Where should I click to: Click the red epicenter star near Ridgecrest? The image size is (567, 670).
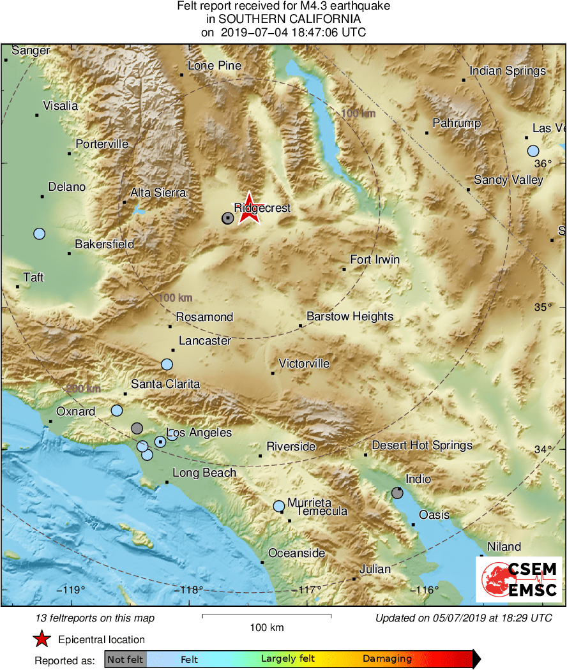[x=249, y=209]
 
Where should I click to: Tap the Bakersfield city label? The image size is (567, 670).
[x=104, y=244]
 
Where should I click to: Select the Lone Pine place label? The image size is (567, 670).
[x=214, y=66]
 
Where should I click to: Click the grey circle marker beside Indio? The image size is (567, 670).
[x=397, y=493]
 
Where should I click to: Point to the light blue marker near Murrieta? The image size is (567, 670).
[x=279, y=506]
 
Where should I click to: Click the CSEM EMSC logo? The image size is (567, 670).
[x=518, y=579]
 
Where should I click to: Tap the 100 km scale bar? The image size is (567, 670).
[x=266, y=616]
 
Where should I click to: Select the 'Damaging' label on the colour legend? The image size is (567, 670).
[x=387, y=659]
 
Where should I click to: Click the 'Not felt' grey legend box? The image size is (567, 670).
[x=125, y=659]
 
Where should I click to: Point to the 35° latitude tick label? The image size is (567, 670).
[x=543, y=307]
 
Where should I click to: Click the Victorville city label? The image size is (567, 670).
[x=304, y=364]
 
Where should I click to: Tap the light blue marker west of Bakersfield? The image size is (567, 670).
[x=40, y=234]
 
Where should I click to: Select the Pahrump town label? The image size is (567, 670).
[x=457, y=123]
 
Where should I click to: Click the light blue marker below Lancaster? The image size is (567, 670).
[x=167, y=364]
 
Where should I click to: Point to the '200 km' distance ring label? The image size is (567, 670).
[x=84, y=389]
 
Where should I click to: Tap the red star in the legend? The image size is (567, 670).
[x=42, y=639]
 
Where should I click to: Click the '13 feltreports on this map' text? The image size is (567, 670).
[x=95, y=618]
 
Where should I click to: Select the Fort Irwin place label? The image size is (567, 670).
[x=375, y=259]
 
